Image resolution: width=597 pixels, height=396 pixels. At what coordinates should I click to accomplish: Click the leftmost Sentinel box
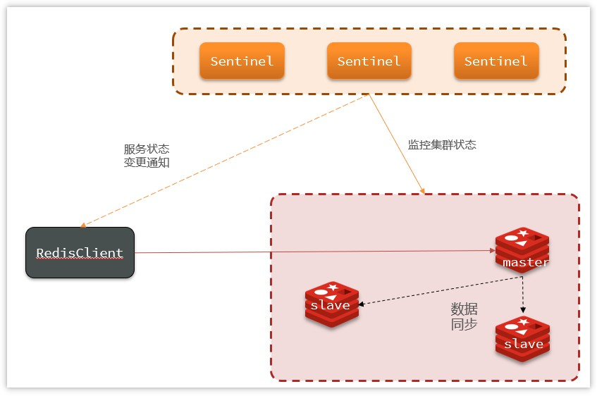pyautogui.click(x=242, y=61)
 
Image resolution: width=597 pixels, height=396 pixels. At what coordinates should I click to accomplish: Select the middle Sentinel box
pyautogui.click(x=369, y=61)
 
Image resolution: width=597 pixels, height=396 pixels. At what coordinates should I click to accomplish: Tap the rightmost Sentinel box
pyautogui.click(x=496, y=61)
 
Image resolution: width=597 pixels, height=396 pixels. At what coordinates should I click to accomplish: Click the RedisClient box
pyautogui.click(x=80, y=252)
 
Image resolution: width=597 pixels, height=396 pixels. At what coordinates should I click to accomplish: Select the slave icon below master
pyautogui.click(x=522, y=339)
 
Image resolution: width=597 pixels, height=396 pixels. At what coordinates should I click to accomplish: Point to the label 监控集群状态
pyautogui.click(x=442, y=144)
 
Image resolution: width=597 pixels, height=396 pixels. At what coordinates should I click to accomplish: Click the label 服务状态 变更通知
pyautogui.click(x=147, y=156)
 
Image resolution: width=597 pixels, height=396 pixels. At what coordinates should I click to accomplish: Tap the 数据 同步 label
pyautogui.click(x=464, y=316)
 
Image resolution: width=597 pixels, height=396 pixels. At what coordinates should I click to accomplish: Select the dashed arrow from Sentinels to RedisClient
pyautogui.click(x=226, y=161)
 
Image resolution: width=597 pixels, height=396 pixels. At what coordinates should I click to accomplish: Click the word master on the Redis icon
pyautogui.click(x=526, y=262)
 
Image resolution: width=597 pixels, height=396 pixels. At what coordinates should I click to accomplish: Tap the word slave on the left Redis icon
pyautogui.click(x=330, y=305)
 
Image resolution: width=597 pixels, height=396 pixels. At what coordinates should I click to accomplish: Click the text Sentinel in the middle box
pyautogui.click(x=369, y=61)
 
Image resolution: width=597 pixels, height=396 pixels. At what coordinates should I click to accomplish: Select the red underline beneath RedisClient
pyautogui.click(x=80, y=259)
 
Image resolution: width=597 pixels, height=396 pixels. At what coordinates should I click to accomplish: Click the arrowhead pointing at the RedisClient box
pyautogui.click(x=84, y=225)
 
